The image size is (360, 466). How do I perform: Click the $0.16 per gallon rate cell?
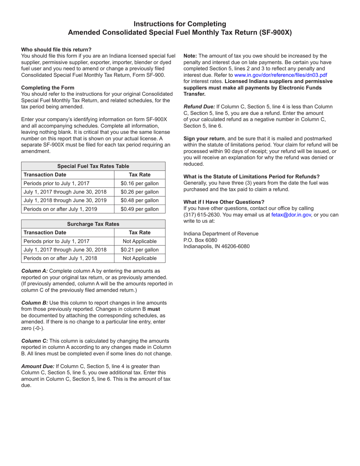click(x=139, y=183)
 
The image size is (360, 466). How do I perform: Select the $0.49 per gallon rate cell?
click(x=139, y=209)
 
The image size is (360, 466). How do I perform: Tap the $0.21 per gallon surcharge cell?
click(x=139, y=250)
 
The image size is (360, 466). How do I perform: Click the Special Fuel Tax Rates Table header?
click(x=93, y=166)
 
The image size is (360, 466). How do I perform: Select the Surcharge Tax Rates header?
click(x=93, y=224)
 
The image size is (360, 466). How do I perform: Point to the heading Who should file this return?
click(x=56, y=50)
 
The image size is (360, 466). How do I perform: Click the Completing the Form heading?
click(x=48, y=88)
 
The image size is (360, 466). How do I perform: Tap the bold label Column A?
click(x=34, y=271)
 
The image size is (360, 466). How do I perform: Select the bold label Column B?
click(x=34, y=303)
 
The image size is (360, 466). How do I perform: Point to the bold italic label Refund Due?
click(x=199, y=107)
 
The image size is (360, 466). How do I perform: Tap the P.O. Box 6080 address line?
click(x=200, y=240)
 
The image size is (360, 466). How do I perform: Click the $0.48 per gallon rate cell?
click(x=139, y=200)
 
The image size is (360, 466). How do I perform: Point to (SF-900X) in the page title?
click(x=275, y=33)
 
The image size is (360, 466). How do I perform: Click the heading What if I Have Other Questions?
click(x=224, y=202)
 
